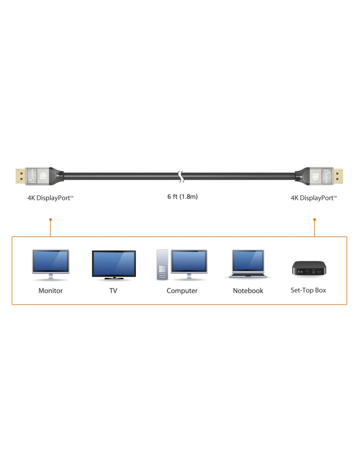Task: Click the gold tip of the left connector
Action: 21,176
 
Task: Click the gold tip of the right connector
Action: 338,176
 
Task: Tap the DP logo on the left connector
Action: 43,176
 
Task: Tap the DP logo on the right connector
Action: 315,177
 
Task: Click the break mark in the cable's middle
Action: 181,177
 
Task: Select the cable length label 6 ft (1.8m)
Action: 182,197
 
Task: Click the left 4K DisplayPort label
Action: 50,198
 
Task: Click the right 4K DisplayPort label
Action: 314,198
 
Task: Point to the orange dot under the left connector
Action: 50,219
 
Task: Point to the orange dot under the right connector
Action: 315,219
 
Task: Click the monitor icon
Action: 51,265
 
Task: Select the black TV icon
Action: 114,265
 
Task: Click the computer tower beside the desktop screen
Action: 162,265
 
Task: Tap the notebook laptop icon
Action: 248,264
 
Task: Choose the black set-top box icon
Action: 309,268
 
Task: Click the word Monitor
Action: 50,291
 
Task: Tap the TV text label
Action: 113,291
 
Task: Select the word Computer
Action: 182,291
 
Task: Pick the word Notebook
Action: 248,291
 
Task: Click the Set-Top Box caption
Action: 308,290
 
